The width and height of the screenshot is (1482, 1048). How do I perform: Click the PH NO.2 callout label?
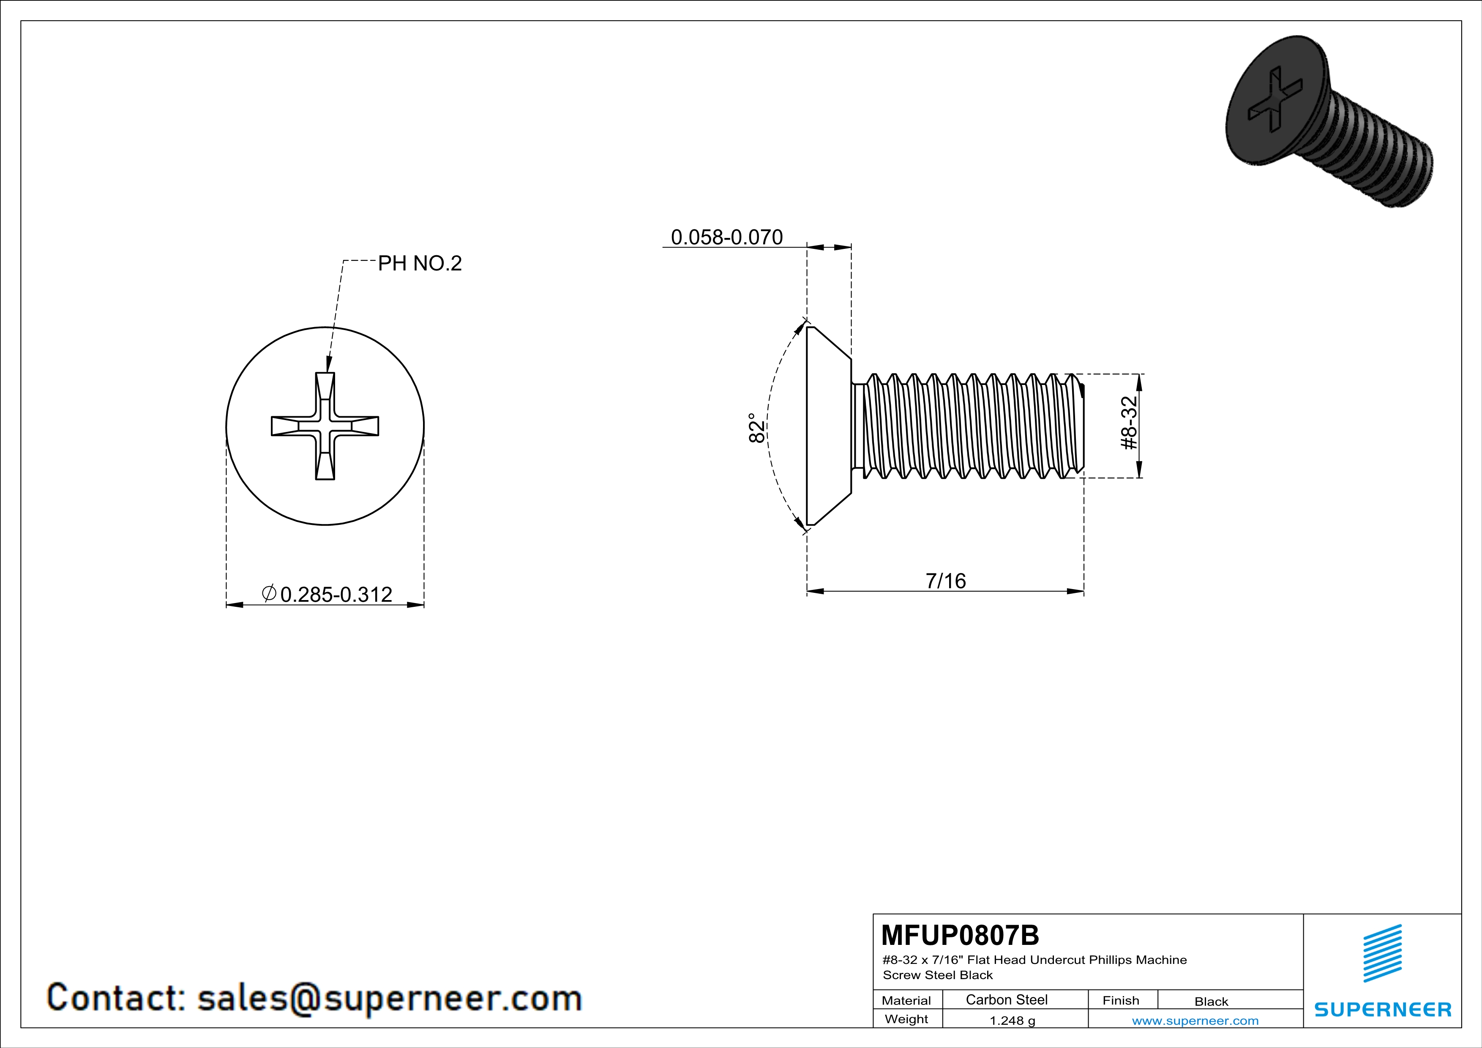click(420, 263)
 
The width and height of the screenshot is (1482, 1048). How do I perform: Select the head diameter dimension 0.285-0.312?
click(327, 594)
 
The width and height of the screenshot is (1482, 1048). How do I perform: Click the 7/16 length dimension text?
click(946, 581)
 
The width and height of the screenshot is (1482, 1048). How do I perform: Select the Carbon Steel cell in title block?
click(1006, 999)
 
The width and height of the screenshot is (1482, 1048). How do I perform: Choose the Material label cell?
click(906, 1000)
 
